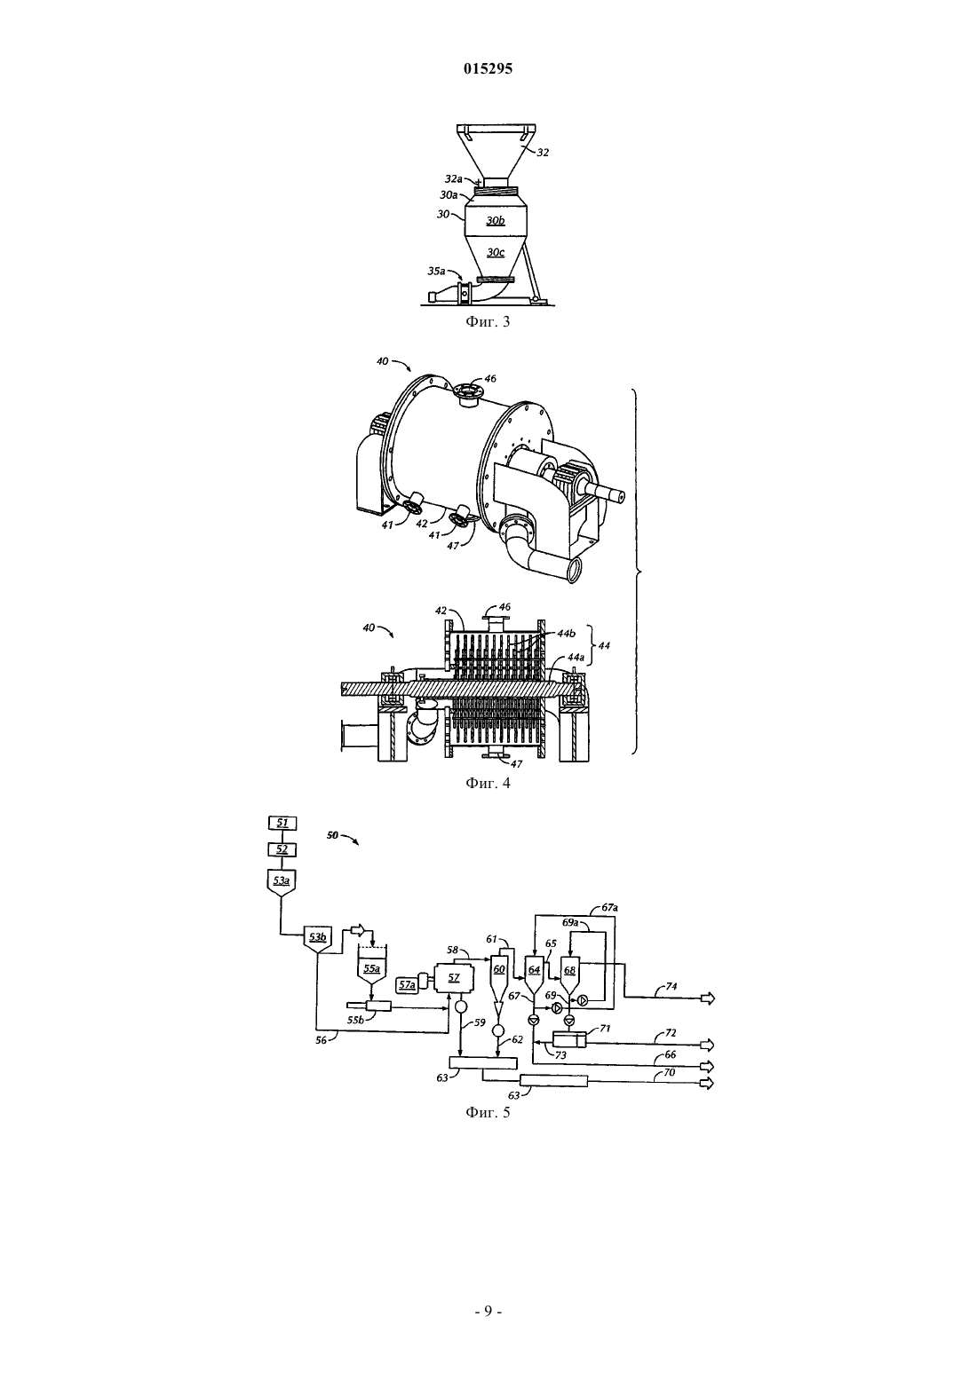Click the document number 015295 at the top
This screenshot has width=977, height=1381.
pos(488,68)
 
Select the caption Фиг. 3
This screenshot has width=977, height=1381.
pos(488,321)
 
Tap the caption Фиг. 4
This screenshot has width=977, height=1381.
pos(488,783)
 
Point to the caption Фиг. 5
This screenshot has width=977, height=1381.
pos(488,1112)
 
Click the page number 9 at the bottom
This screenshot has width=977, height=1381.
pos(488,1311)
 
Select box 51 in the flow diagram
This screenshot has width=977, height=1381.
pos(282,823)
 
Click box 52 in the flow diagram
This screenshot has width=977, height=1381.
pos(282,849)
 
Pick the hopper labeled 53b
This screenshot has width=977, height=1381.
pos(318,939)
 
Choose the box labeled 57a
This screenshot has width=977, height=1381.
pos(407,985)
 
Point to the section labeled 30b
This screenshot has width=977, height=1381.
pos(496,221)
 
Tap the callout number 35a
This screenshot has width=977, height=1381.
pos(436,271)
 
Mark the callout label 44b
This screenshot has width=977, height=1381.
pos(567,633)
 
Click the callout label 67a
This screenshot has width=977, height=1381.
pos(609,907)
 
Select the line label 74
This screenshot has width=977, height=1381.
pos(671,986)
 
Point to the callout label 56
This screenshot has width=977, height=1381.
pos(322,1040)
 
